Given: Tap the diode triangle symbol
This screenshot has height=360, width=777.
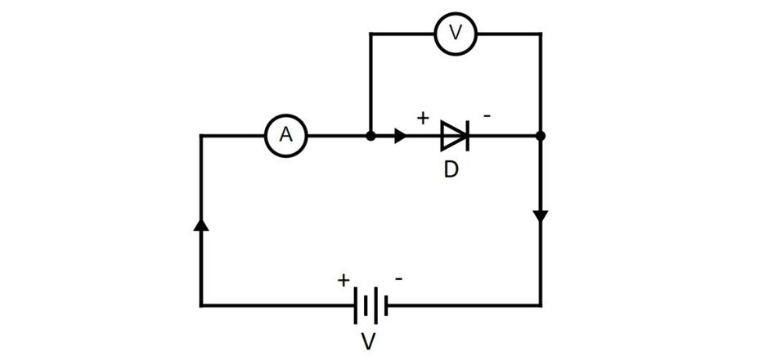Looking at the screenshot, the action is pyautogui.click(x=453, y=135).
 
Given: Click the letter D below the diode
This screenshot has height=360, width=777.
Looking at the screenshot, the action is pyautogui.click(x=451, y=169).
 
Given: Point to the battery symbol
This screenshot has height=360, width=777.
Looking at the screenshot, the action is pyautogui.click(x=371, y=305).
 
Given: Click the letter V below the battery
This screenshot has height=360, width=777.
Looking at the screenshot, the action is pyautogui.click(x=368, y=342).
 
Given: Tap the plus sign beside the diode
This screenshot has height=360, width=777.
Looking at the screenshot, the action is pyautogui.click(x=422, y=118).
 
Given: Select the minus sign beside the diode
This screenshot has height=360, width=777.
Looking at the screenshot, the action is pyautogui.click(x=487, y=116).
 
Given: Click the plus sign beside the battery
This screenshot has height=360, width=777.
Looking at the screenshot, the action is pyautogui.click(x=344, y=281).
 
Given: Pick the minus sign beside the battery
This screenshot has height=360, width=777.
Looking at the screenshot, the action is pyautogui.click(x=398, y=279).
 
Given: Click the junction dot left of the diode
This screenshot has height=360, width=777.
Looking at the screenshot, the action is pyautogui.click(x=371, y=135).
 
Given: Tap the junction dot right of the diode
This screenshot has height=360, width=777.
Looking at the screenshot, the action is pyautogui.click(x=541, y=135).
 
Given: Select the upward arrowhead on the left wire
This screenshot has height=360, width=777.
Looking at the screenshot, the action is pyautogui.click(x=200, y=225).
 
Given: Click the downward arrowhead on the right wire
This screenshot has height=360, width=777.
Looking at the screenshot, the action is pyautogui.click(x=541, y=217).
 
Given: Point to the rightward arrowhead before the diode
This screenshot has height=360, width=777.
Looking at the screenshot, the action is pyautogui.click(x=401, y=135).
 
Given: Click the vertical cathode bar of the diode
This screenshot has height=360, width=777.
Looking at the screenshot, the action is pyautogui.click(x=467, y=135).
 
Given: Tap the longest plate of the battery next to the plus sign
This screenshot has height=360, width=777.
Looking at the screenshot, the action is pyautogui.click(x=355, y=305).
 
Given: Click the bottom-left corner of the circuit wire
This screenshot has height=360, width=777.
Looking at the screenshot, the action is pyautogui.click(x=200, y=305).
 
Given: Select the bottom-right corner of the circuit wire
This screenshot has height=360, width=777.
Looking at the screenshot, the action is pyautogui.click(x=541, y=305).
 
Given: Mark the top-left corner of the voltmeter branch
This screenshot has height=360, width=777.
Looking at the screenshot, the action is pyautogui.click(x=371, y=34).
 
